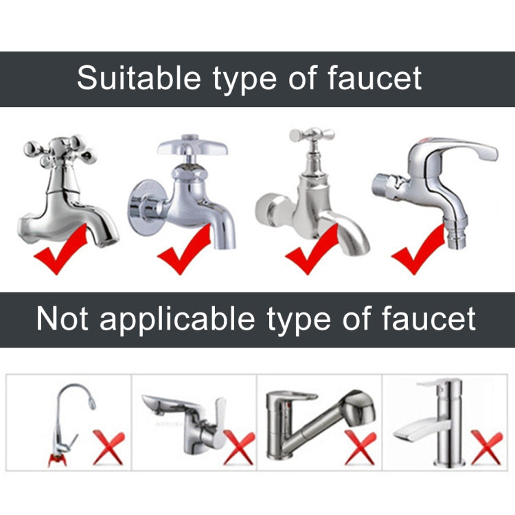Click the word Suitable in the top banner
pyautogui.click(x=139, y=78)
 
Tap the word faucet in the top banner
pyautogui.click(x=375, y=78)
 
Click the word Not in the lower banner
pyautogui.click(x=62, y=319)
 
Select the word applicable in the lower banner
pyautogui.click(x=177, y=319)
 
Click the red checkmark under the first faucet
pyautogui.click(x=60, y=249)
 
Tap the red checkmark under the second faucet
pyautogui.click(x=184, y=249)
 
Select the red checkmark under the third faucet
pyautogui.click(x=312, y=249)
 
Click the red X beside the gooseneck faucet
pyautogui.click(x=109, y=447)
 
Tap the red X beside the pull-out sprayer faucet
pyautogui.click(x=360, y=447)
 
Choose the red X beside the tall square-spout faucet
pyautogui.click(x=487, y=447)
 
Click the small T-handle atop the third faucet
pyautogui.click(x=312, y=135)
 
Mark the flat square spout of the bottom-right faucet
pyautogui.click(x=422, y=428)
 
